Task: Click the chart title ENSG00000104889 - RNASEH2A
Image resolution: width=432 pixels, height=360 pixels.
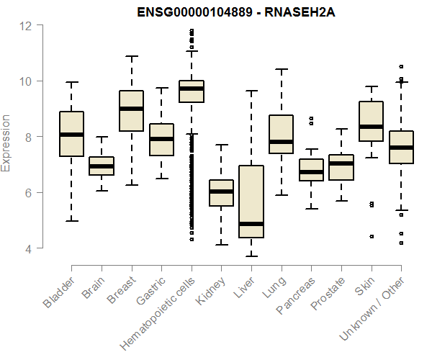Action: [x=217, y=12]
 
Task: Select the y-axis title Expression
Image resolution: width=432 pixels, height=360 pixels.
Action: [x=6, y=143]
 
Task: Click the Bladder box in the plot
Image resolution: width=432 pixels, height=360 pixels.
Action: [x=71, y=134]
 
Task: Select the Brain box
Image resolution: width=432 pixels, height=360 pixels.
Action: [x=102, y=166]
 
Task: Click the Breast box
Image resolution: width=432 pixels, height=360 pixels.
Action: [x=131, y=111]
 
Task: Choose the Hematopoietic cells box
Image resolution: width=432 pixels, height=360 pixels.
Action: [x=192, y=91]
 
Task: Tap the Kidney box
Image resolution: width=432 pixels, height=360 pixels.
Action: [x=221, y=193]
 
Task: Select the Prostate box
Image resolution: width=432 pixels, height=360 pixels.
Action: [x=341, y=167]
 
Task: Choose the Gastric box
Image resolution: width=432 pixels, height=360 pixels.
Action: [x=161, y=140]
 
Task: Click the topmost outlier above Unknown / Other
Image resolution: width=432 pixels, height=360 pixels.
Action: [x=401, y=66]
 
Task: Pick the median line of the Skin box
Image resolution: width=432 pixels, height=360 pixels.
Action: [x=372, y=127]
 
